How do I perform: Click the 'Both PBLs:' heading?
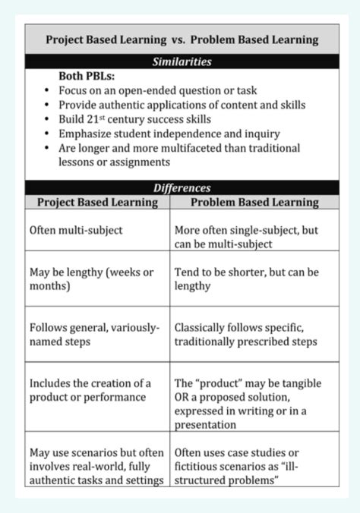point(89,77)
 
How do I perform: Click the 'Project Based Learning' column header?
point(96,203)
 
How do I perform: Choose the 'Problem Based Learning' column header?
point(254,203)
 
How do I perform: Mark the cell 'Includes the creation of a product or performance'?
point(90,390)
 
